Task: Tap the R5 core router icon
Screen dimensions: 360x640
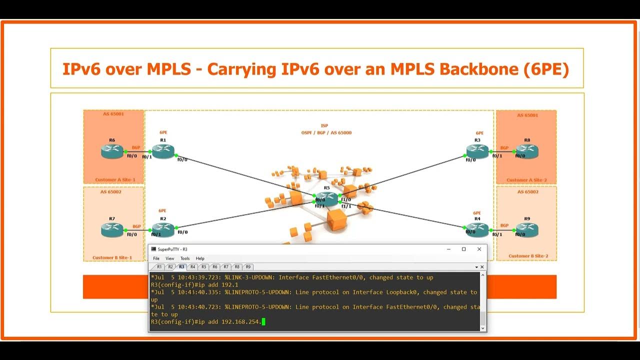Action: (326, 198)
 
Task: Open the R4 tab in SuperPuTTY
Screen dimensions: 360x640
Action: (193, 267)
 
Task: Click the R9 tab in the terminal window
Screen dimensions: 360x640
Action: (248, 267)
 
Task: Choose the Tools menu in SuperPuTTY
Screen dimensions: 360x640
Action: (185, 258)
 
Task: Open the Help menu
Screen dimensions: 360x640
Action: (200, 258)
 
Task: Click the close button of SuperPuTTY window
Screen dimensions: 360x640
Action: (479, 249)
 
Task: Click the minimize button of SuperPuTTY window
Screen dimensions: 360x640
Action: (448, 249)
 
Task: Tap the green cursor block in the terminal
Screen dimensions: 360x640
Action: (263, 322)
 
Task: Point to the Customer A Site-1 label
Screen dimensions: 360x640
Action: (115, 180)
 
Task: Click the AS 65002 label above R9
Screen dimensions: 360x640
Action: (527, 192)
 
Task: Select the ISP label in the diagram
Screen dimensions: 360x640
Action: (324, 126)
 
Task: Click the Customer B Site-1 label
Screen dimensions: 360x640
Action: (112, 258)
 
